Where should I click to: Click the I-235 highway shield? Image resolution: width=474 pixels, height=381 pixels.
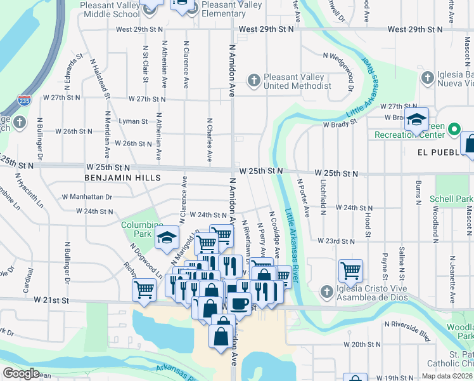23,100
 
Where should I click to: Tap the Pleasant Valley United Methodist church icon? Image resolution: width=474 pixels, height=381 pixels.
254,81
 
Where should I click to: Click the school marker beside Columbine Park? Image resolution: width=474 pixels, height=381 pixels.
167,237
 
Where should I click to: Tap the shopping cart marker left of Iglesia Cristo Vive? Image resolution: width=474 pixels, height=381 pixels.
350,271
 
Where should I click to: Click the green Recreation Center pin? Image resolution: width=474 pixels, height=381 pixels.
454,130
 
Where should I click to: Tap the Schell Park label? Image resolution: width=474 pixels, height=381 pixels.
455,199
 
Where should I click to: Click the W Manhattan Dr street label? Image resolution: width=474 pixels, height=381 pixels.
87,197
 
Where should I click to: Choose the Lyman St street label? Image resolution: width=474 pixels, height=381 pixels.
133,121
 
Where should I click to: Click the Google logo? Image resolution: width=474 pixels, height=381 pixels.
21,373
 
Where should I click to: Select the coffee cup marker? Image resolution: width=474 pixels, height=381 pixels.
239,302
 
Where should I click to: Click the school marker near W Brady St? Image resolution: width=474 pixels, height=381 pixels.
416,119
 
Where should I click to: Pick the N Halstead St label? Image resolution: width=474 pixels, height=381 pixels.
96,79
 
